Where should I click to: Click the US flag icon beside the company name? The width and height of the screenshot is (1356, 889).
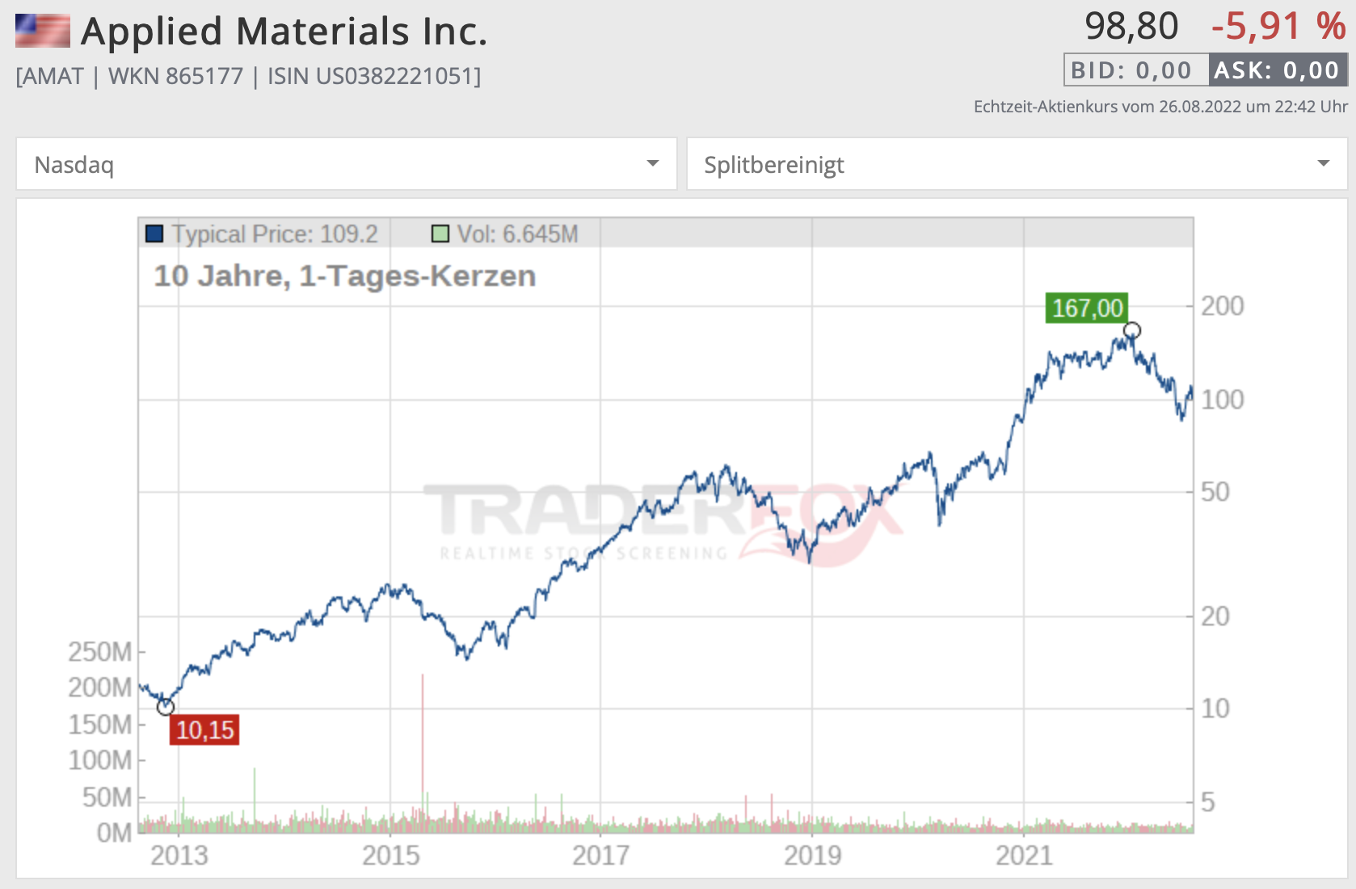tap(43, 31)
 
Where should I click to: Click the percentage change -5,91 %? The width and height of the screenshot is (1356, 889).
tap(1278, 27)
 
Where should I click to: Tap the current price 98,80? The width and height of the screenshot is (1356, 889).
tap(1131, 27)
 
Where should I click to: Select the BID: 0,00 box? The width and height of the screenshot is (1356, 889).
tap(1135, 70)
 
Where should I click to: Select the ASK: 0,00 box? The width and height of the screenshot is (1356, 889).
tap(1278, 70)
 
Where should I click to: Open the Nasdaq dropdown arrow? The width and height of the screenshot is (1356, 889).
tap(653, 164)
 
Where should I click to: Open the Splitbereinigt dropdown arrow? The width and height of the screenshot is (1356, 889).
tap(1323, 164)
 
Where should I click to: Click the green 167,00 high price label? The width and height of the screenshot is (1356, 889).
tap(1087, 308)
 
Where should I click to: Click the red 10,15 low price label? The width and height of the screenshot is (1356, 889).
tap(204, 730)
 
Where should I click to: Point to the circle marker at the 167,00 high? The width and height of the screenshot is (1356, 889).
tap(1132, 331)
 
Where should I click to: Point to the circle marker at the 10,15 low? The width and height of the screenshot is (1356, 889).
tap(166, 707)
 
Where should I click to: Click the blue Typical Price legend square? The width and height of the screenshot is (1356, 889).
tap(154, 234)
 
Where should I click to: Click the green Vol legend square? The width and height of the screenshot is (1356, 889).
tap(440, 234)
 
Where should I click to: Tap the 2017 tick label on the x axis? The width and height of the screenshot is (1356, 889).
tap(600, 855)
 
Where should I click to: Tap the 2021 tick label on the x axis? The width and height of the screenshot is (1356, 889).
tap(1024, 855)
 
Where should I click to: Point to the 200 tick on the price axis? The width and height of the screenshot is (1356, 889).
tap(1222, 306)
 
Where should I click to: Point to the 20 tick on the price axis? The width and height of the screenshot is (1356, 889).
tap(1215, 617)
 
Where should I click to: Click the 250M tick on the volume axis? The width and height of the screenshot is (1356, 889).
tap(100, 651)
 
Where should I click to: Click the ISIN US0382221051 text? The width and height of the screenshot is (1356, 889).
tap(374, 76)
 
